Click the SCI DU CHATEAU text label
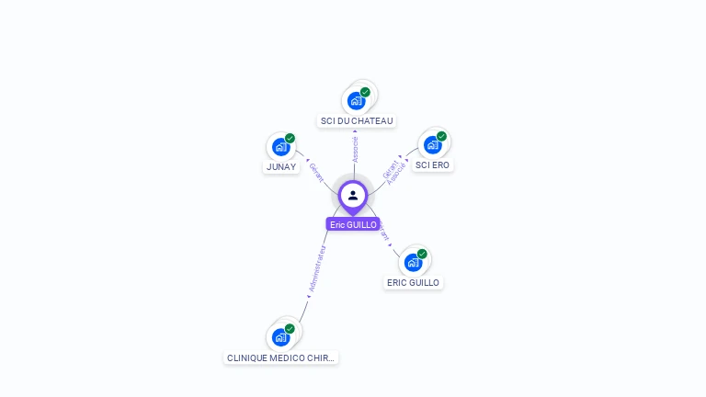click(x=357, y=121)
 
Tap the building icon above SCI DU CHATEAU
click(x=356, y=101)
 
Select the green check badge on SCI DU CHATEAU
click(x=365, y=92)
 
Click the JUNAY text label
click(x=281, y=167)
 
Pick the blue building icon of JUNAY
click(x=280, y=147)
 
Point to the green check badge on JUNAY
click(x=290, y=138)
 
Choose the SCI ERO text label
click(x=432, y=165)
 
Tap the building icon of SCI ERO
click(x=432, y=144)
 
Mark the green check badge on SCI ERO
click(x=441, y=136)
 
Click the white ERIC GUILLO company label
click(x=413, y=283)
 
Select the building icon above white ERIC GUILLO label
click(x=413, y=263)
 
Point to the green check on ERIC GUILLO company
click(x=422, y=254)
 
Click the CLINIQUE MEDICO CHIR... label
click(x=281, y=357)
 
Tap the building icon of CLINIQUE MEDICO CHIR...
click(x=280, y=337)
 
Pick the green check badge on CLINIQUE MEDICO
click(x=290, y=328)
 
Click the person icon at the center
click(x=353, y=195)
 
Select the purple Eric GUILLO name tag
click(x=353, y=224)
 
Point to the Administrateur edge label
click(x=317, y=268)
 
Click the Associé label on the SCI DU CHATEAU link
click(x=356, y=150)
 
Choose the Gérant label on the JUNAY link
click(x=315, y=171)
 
